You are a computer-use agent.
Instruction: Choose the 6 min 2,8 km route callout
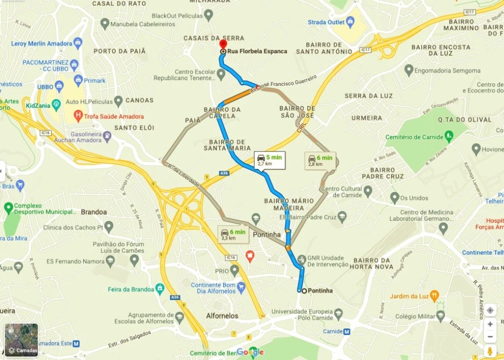[320, 160]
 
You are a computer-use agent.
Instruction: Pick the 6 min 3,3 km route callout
[233, 234]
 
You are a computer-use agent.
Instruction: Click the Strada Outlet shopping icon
[350, 22]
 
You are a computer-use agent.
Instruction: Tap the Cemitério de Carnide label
[414, 137]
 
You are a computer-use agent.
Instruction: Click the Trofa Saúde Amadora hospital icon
[77, 116]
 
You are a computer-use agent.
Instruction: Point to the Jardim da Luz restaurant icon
[434, 296]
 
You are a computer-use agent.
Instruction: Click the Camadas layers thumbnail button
[21, 340]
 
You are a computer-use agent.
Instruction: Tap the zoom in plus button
[490, 324]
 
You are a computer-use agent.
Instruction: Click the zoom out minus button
[490, 336]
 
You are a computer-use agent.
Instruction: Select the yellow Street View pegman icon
[490, 350]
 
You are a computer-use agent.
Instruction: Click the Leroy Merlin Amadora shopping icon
[77, 43]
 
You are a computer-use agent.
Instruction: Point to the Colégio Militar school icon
[440, 316]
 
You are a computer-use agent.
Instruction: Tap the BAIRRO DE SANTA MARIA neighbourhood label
[227, 145]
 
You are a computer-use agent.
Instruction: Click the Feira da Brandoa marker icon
[159, 289]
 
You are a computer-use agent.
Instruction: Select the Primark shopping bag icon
[78, 80]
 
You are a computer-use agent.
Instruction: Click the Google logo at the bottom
[249, 352]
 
